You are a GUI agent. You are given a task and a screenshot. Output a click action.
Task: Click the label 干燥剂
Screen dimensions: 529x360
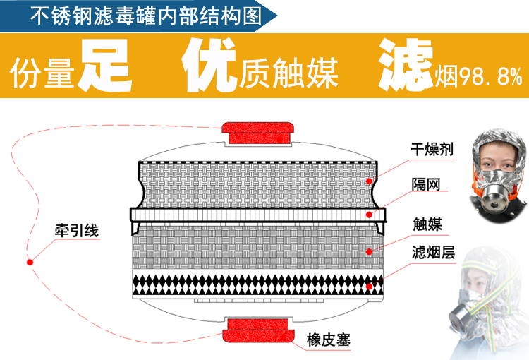pyautogui.click(x=432, y=149)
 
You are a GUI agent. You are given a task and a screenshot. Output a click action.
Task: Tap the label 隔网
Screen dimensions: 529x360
pyautogui.click(x=426, y=184)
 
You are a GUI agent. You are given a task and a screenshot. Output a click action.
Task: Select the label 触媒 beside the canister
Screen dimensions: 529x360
pyautogui.click(x=427, y=224)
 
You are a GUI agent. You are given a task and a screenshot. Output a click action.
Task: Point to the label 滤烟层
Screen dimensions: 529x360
pyautogui.click(x=434, y=252)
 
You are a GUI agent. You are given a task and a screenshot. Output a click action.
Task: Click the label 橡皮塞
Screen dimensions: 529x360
pyautogui.click(x=328, y=340)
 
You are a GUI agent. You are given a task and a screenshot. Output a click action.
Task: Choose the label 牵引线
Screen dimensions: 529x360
pyautogui.click(x=77, y=231)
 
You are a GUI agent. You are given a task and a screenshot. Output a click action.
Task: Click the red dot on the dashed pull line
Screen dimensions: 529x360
pyautogui.click(x=30, y=262)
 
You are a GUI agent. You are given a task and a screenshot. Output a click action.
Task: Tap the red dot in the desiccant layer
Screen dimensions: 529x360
pyautogui.click(x=369, y=181)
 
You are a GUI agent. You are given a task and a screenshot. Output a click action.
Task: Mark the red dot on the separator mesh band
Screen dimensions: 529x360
pyautogui.click(x=369, y=215)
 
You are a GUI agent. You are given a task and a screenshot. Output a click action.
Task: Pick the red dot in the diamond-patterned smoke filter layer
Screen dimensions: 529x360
pyautogui.click(x=369, y=287)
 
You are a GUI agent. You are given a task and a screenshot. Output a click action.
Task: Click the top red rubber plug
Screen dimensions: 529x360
pyautogui.click(x=257, y=133)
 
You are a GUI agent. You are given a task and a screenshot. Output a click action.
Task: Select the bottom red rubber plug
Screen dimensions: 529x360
pyautogui.click(x=258, y=330)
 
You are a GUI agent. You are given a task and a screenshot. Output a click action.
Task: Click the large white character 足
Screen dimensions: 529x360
pyautogui.click(x=104, y=65)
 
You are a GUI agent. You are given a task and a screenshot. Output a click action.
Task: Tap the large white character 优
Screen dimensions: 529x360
pyautogui.click(x=209, y=64)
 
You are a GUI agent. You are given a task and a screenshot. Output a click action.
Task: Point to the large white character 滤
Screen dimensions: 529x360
pyautogui.click(x=406, y=64)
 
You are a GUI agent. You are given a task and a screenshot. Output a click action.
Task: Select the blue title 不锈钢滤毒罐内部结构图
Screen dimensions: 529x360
pyautogui.click(x=146, y=16)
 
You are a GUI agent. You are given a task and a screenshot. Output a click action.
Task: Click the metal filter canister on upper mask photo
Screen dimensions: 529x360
pyautogui.click(x=494, y=200)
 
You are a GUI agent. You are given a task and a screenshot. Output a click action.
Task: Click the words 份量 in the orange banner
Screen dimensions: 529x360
pyautogui.click(x=42, y=73)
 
